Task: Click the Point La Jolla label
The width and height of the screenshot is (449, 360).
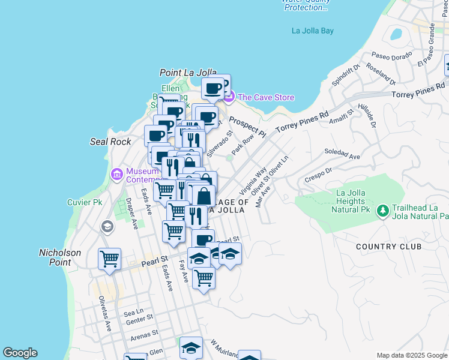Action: (x=187, y=73)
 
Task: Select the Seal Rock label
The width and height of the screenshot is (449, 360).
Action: (x=110, y=142)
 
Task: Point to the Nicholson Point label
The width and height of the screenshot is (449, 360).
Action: (x=59, y=257)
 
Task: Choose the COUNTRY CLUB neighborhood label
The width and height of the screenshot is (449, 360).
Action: (x=388, y=247)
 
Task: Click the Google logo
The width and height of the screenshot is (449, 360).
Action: (x=20, y=353)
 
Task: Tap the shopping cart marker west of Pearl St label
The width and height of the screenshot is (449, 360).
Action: (x=110, y=259)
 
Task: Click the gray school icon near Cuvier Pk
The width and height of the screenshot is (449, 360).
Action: (x=107, y=226)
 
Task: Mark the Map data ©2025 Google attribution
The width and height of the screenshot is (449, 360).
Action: (x=412, y=355)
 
